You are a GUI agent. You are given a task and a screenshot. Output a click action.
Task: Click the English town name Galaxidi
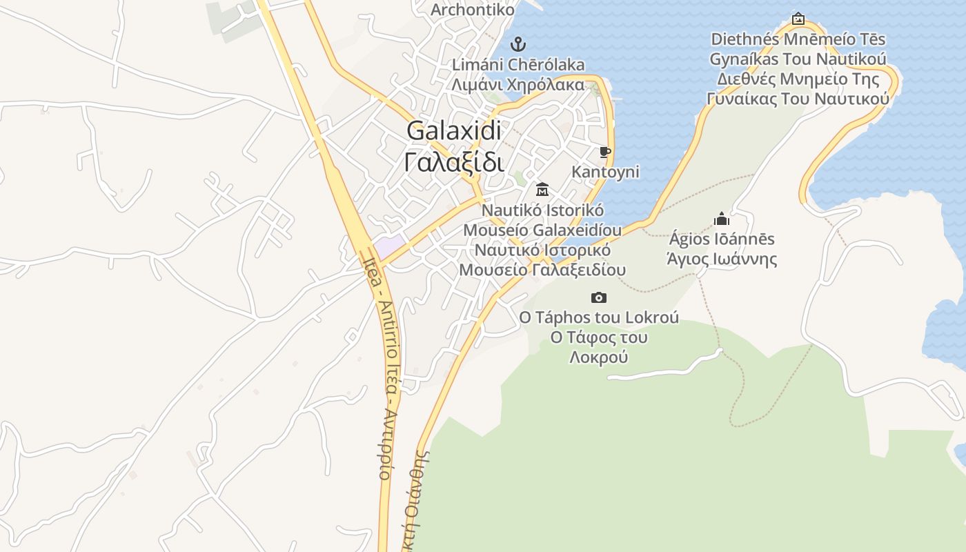point(453,130)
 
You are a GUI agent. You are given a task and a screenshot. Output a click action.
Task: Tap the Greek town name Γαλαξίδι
point(453,162)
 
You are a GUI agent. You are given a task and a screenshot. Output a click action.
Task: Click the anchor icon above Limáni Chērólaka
point(517,45)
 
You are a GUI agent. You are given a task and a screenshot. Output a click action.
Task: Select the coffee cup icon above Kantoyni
point(605,152)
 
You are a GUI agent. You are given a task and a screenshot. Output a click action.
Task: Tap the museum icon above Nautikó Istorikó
point(542,189)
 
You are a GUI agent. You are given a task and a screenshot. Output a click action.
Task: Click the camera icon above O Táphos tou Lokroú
point(599,297)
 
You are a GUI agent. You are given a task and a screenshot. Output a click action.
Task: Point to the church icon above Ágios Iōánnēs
point(722,219)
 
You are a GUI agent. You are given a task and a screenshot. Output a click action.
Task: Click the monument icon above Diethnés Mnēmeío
point(798,19)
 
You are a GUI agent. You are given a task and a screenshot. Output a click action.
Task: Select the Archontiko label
point(473,10)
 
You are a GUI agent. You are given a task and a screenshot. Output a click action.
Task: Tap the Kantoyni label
point(605,172)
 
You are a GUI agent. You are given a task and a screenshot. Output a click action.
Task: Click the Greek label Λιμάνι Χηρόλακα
point(517,85)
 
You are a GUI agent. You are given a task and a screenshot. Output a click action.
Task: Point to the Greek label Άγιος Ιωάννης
point(722,259)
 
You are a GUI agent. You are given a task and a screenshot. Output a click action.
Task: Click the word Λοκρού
point(599,357)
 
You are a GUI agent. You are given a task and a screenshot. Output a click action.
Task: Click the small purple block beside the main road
point(389,245)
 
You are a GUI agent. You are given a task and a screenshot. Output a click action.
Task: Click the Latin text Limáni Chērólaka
point(517,65)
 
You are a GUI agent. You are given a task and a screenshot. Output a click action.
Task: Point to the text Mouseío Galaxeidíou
point(542,230)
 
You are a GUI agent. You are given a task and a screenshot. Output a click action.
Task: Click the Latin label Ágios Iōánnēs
point(722,239)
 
